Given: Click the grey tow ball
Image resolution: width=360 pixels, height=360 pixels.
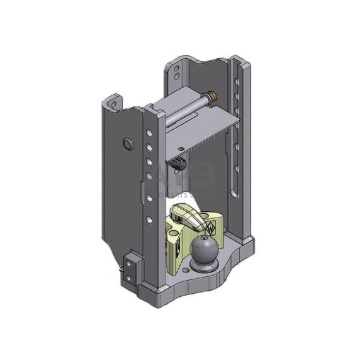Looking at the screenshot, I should (203, 250).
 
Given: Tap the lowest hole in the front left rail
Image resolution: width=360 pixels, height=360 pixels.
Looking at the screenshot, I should (148, 219).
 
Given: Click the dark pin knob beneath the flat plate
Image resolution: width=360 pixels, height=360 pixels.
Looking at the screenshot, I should (180, 164).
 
